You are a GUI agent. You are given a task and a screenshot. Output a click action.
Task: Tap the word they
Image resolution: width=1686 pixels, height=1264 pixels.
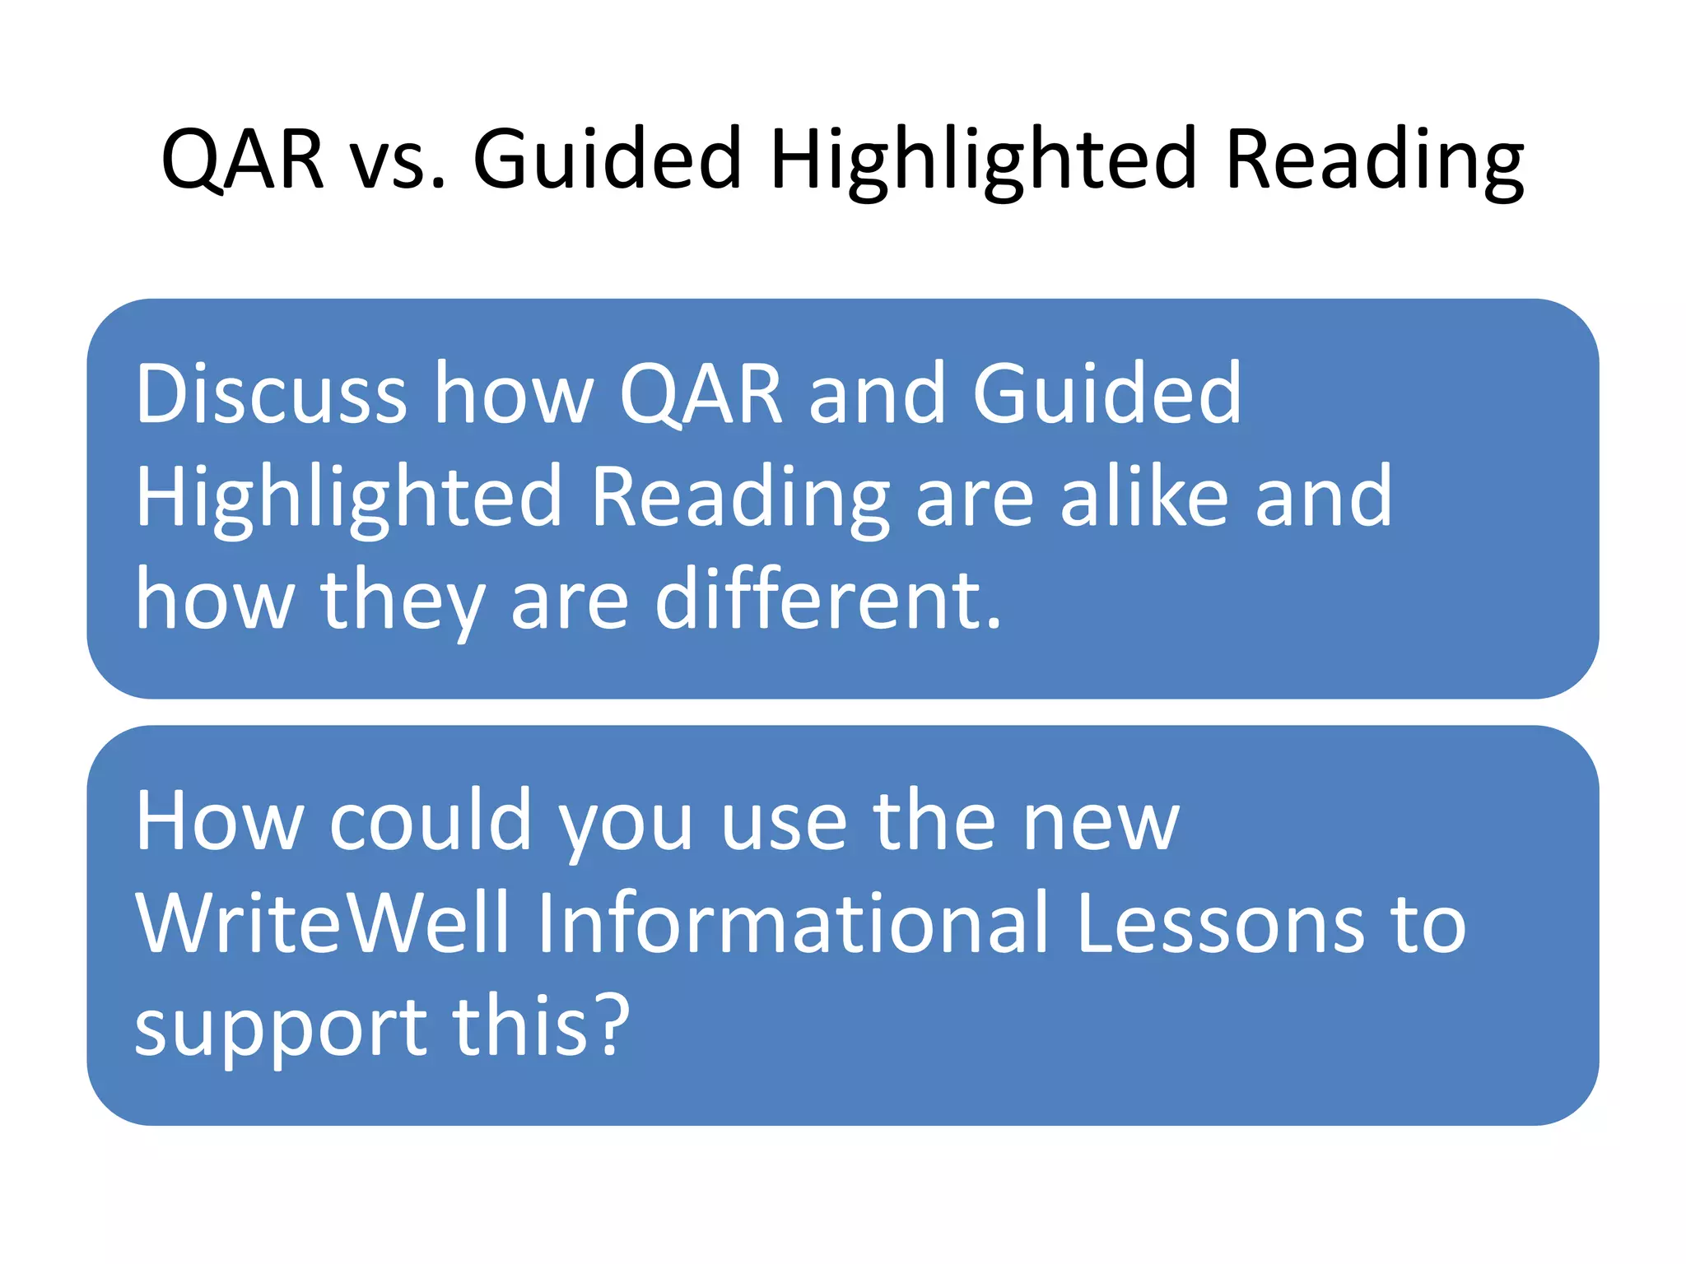click(403, 601)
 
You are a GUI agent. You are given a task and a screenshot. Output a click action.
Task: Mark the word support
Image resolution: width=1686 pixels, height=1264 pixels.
click(280, 1029)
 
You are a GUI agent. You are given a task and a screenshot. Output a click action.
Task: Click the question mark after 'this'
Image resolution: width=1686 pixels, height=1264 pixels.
click(612, 1025)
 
